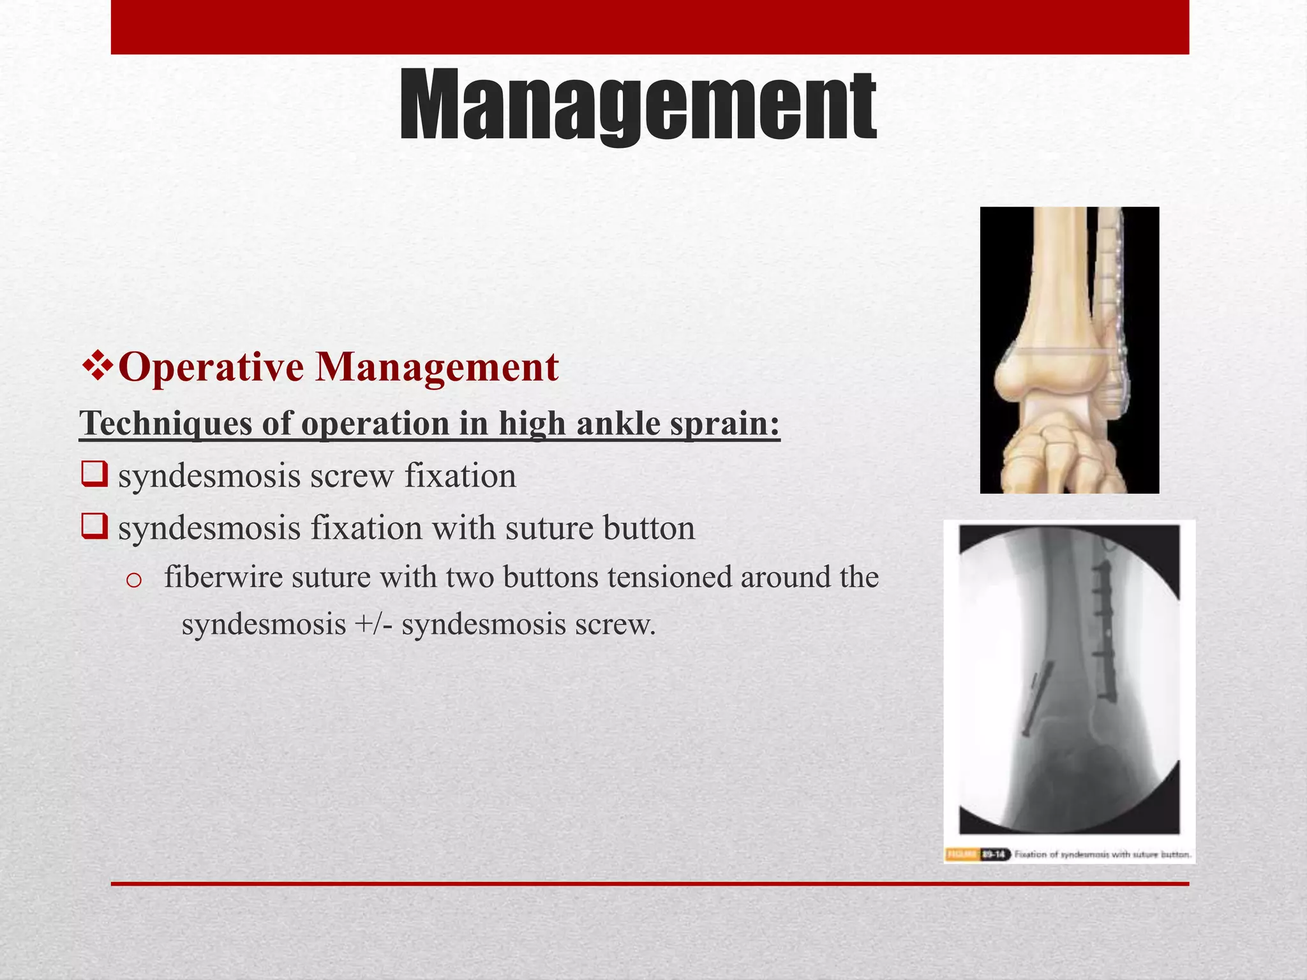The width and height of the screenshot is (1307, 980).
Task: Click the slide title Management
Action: point(638,106)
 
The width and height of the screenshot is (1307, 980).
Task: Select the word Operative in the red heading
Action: point(211,367)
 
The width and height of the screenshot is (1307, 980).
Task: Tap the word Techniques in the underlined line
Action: point(165,423)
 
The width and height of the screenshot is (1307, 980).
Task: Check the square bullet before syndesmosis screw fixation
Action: point(94,475)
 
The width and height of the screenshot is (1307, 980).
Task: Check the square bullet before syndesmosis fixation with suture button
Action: point(94,527)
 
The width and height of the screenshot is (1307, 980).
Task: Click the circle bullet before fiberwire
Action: point(133,579)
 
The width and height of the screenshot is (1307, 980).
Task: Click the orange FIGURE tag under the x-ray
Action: point(962,854)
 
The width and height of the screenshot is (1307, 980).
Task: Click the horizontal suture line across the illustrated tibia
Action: point(1059,352)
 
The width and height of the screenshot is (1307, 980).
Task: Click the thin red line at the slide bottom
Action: point(650,884)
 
